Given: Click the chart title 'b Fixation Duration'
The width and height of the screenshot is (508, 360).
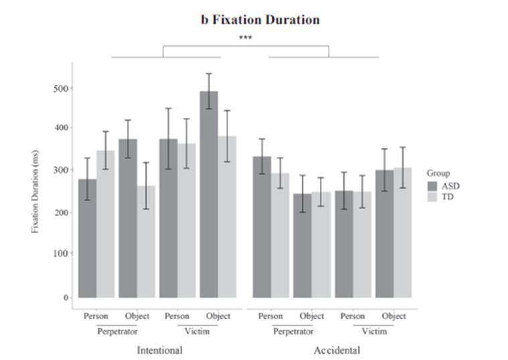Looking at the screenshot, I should (x=260, y=19).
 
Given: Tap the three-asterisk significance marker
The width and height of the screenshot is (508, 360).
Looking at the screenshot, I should (x=246, y=38).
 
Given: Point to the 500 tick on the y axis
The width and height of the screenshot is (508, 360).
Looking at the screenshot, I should (x=61, y=88).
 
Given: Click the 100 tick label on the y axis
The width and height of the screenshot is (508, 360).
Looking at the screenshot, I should (x=61, y=254).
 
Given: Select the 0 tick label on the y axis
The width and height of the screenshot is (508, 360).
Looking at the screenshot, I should (x=66, y=297).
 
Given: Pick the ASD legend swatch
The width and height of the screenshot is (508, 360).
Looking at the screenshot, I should (x=433, y=185).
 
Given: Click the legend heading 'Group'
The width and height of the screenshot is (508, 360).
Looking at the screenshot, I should (x=438, y=173).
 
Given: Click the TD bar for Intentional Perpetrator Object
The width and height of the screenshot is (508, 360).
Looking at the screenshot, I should (x=146, y=241).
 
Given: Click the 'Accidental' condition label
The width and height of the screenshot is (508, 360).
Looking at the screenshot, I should (x=337, y=350).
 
